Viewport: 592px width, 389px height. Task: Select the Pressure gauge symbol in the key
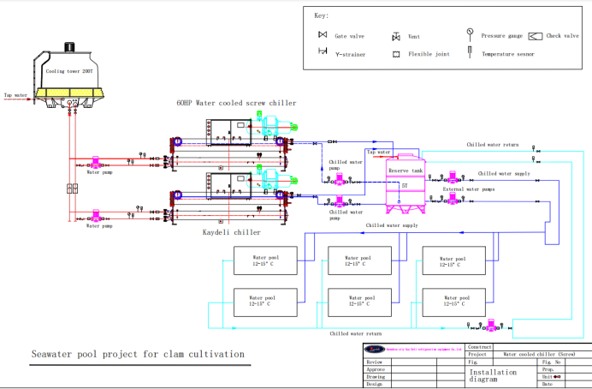pos(470,33)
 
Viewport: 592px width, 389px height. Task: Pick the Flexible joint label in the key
pos(431,54)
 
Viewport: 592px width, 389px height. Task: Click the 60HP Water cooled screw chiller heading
pos(236,103)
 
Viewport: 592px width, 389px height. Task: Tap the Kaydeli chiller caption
pos(231,232)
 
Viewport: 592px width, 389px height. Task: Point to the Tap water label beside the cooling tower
pos(16,95)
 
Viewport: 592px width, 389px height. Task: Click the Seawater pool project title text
pos(138,354)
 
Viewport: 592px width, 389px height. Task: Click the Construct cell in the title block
pos(478,347)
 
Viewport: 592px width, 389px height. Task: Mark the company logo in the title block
pos(376,349)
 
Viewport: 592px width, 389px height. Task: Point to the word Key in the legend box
pos(321,16)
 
